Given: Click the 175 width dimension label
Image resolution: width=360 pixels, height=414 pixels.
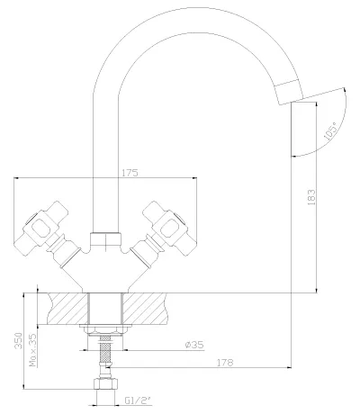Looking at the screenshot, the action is click(130, 173).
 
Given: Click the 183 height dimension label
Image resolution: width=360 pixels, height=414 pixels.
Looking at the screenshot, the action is click(311, 197).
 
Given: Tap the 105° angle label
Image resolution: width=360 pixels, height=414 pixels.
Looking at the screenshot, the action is click(331, 131).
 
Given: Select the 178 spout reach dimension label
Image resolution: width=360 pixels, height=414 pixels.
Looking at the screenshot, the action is click(225, 363).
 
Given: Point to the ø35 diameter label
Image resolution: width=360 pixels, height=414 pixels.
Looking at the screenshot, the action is click(194, 345).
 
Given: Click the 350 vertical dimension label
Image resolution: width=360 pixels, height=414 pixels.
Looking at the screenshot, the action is click(19, 340).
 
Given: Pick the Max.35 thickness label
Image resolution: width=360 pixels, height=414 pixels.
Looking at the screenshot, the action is click(33, 350).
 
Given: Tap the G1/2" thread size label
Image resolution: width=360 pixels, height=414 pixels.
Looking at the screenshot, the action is click(138, 400).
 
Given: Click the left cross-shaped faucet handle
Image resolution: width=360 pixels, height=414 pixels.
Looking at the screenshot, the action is click(42, 229).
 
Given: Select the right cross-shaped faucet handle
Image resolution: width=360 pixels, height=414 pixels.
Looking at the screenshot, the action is click(169, 229).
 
